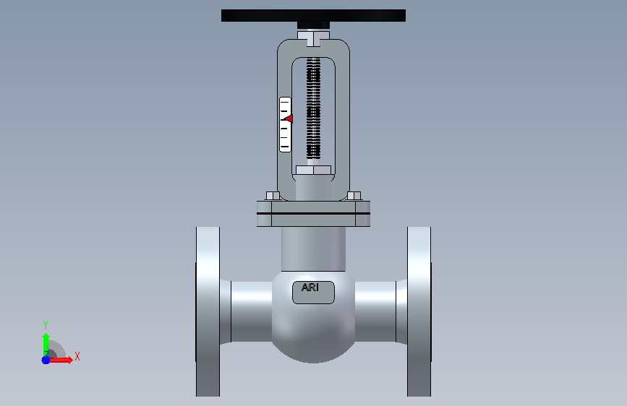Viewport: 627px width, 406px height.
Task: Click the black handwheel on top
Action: point(313,16)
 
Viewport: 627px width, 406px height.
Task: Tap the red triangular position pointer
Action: point(289,118)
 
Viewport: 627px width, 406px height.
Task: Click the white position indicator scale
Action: point(285,125)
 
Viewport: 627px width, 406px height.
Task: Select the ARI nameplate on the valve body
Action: point(313,293)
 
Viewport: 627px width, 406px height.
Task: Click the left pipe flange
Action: point(208,311)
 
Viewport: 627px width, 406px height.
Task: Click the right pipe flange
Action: point(419,311)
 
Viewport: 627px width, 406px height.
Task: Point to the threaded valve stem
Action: point(314,108)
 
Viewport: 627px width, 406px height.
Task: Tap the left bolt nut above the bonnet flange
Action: point(273,196)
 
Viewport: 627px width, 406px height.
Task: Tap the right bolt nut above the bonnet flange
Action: point(354,196)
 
